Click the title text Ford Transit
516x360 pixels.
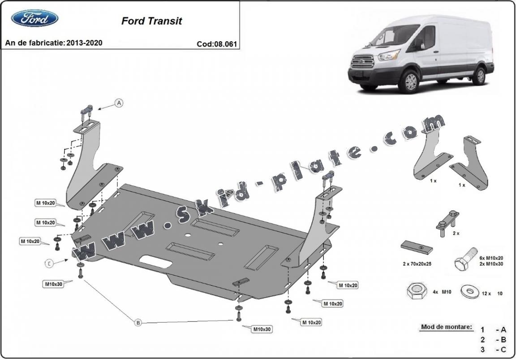pyautogui.click(x=151, y=21)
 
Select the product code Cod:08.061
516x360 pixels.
pyautogui.click(x=217, y=44)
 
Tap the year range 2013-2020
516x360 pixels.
pyautogui.click(x=84, y=43)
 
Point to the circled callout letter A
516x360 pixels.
pyautogui.click(x=119, y=103)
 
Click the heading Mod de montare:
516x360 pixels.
pyautogui.click(x=446, y=327)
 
